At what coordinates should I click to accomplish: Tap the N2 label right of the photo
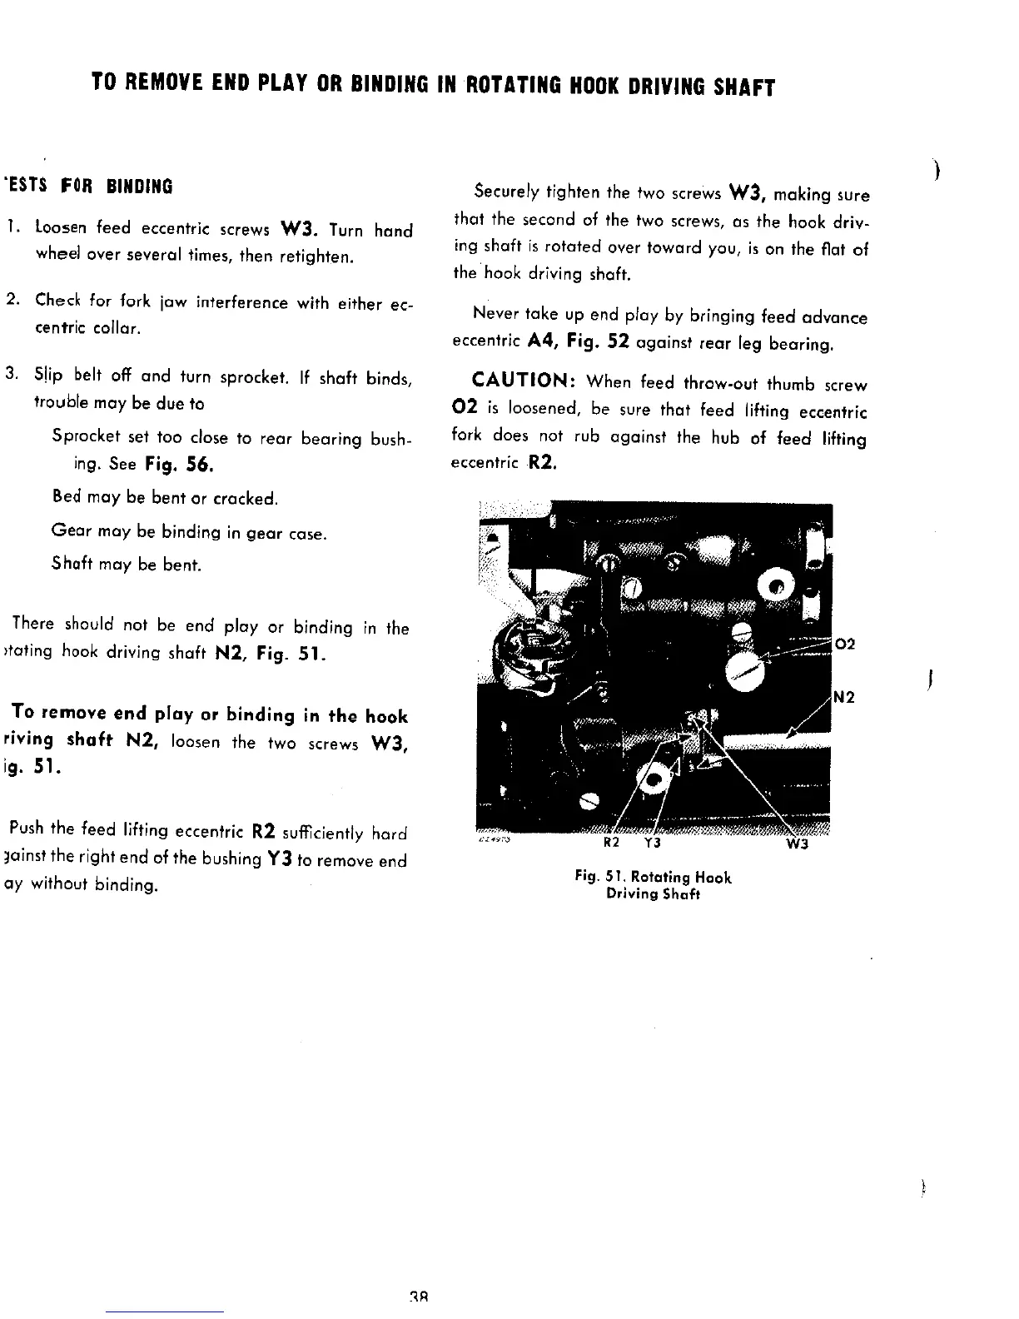tap(846, 698)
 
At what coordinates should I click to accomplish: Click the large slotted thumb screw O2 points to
tap(747, 670)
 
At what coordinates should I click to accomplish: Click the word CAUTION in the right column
tap(521, 381)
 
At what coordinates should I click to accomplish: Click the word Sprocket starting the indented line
tap(83, 437)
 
